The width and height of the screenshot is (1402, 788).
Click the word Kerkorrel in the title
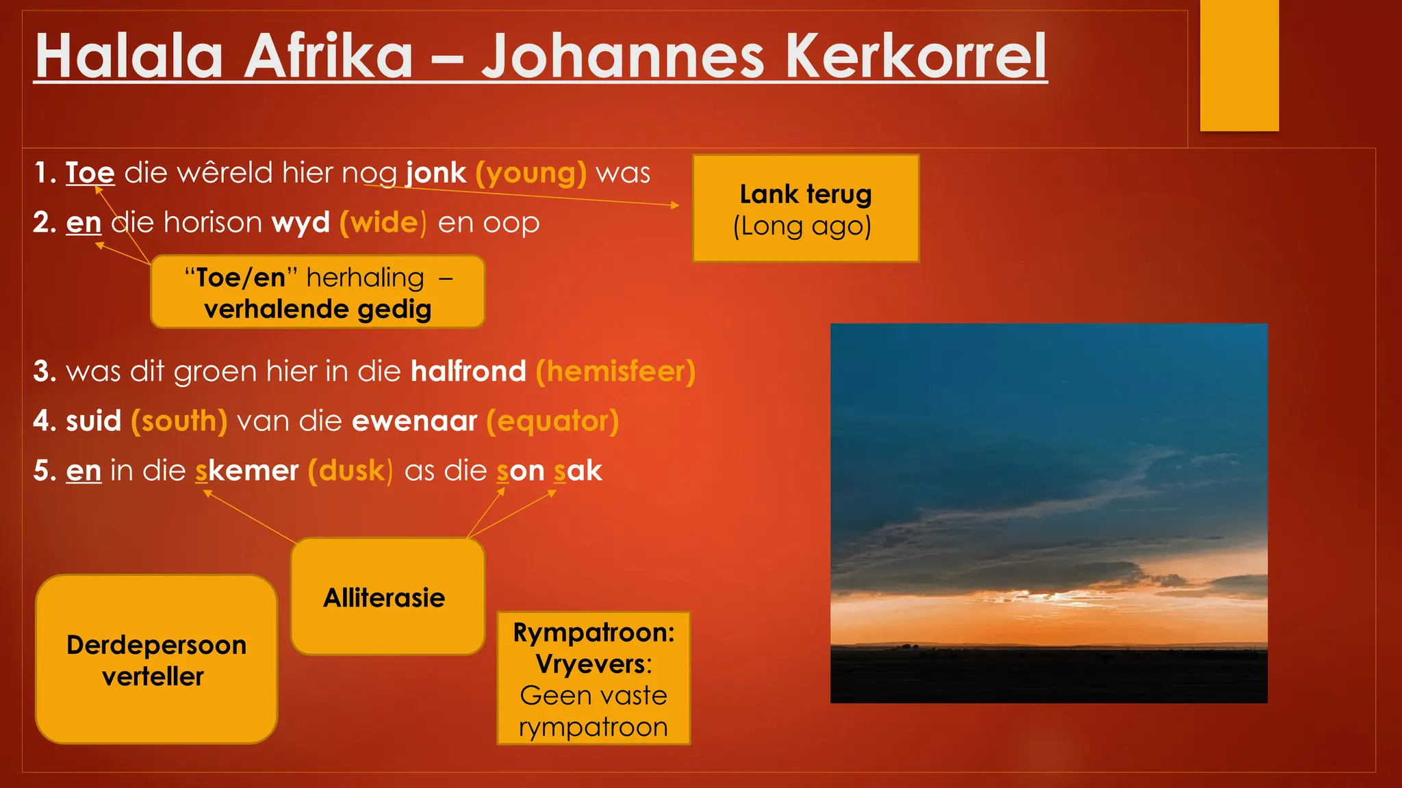click(x=915, y=57)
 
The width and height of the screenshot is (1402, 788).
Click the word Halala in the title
click(x=129, y=57)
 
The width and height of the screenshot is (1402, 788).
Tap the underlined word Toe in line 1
click(x=90, y=173)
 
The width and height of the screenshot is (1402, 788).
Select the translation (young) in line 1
click(x=531, y=173)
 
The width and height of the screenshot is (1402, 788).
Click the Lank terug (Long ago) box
click(x=805, y=209)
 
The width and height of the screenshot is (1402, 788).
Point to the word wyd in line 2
click(x=301, y=223)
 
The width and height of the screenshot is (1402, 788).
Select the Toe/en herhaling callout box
click(x=318, y=293)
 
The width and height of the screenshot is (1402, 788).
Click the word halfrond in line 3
click(x=468, y=371)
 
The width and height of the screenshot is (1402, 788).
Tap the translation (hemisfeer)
click(x=615, y=371)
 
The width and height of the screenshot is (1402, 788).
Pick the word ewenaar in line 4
click(x=414, y=421)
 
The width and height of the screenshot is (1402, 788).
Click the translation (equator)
click(x=552, y=421)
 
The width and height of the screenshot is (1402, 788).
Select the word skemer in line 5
click(x=247, y=471)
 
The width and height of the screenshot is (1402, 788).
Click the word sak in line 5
click(x=578, y=471)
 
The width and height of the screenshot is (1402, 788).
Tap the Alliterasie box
click(x=387, y=597)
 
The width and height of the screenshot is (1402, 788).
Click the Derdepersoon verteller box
click(x=156, y=659)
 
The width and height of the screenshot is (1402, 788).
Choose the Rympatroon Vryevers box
click(x=594, y=679)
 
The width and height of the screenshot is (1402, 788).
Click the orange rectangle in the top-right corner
click(x=1239, y=65)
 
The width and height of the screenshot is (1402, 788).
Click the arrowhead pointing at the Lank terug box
click(x=675, y=205)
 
